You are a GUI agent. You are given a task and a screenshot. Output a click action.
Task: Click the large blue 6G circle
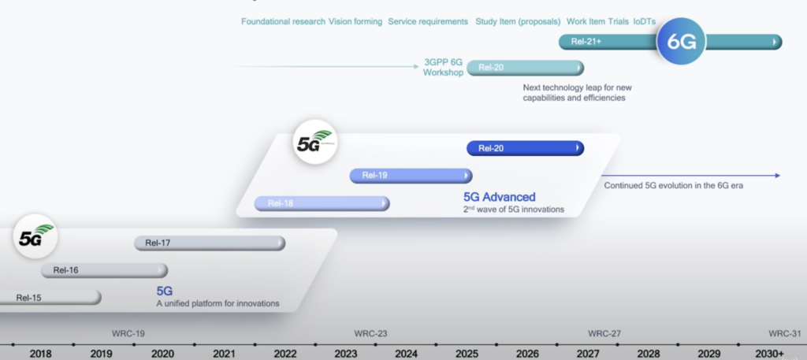point(682,42)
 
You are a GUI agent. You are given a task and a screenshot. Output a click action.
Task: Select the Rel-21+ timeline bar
point(670,43)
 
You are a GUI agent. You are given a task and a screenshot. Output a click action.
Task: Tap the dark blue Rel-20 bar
point(525,148)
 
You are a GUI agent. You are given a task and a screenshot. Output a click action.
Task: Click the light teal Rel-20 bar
point(525,68)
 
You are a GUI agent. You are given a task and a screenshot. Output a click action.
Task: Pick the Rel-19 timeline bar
point(411,176)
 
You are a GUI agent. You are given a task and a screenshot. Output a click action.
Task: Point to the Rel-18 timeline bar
point(322,203)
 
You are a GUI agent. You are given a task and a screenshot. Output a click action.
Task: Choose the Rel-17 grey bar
point(210,243)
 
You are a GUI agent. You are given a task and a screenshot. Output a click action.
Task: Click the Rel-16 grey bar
point(105,270)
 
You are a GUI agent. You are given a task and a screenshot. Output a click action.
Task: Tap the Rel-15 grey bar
point(50,297)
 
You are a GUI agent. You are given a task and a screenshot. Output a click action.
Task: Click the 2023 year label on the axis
point(346,354)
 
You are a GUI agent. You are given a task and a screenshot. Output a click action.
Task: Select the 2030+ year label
point(769,354)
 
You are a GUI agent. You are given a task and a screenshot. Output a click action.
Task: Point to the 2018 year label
point(41,354)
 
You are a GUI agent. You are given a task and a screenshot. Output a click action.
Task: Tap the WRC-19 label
point(128,333)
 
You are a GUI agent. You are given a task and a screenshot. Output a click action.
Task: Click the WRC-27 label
point(604,333)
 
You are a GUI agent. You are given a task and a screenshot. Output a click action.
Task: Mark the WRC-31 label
point(786,333)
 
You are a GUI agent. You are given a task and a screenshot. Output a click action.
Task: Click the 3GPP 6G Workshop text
point(443,68)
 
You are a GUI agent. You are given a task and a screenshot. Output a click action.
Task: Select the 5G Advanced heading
point(499,197)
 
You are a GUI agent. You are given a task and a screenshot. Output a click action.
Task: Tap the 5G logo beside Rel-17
point(35,236)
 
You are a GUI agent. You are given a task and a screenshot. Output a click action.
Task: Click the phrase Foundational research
point(283,21)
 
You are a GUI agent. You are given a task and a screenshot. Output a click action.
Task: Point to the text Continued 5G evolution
point(650,186)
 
